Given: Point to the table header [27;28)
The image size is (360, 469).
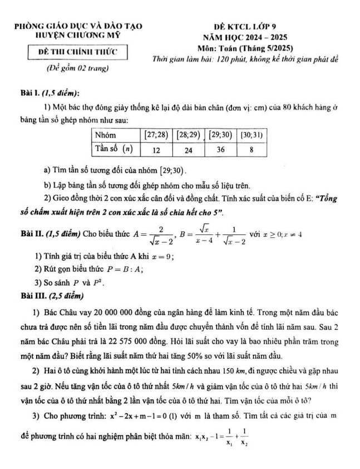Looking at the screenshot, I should [x=155, y=135].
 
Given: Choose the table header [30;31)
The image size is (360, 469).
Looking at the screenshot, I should [x=251, y=135].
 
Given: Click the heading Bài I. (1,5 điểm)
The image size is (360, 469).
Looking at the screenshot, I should [x=48, y=92].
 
